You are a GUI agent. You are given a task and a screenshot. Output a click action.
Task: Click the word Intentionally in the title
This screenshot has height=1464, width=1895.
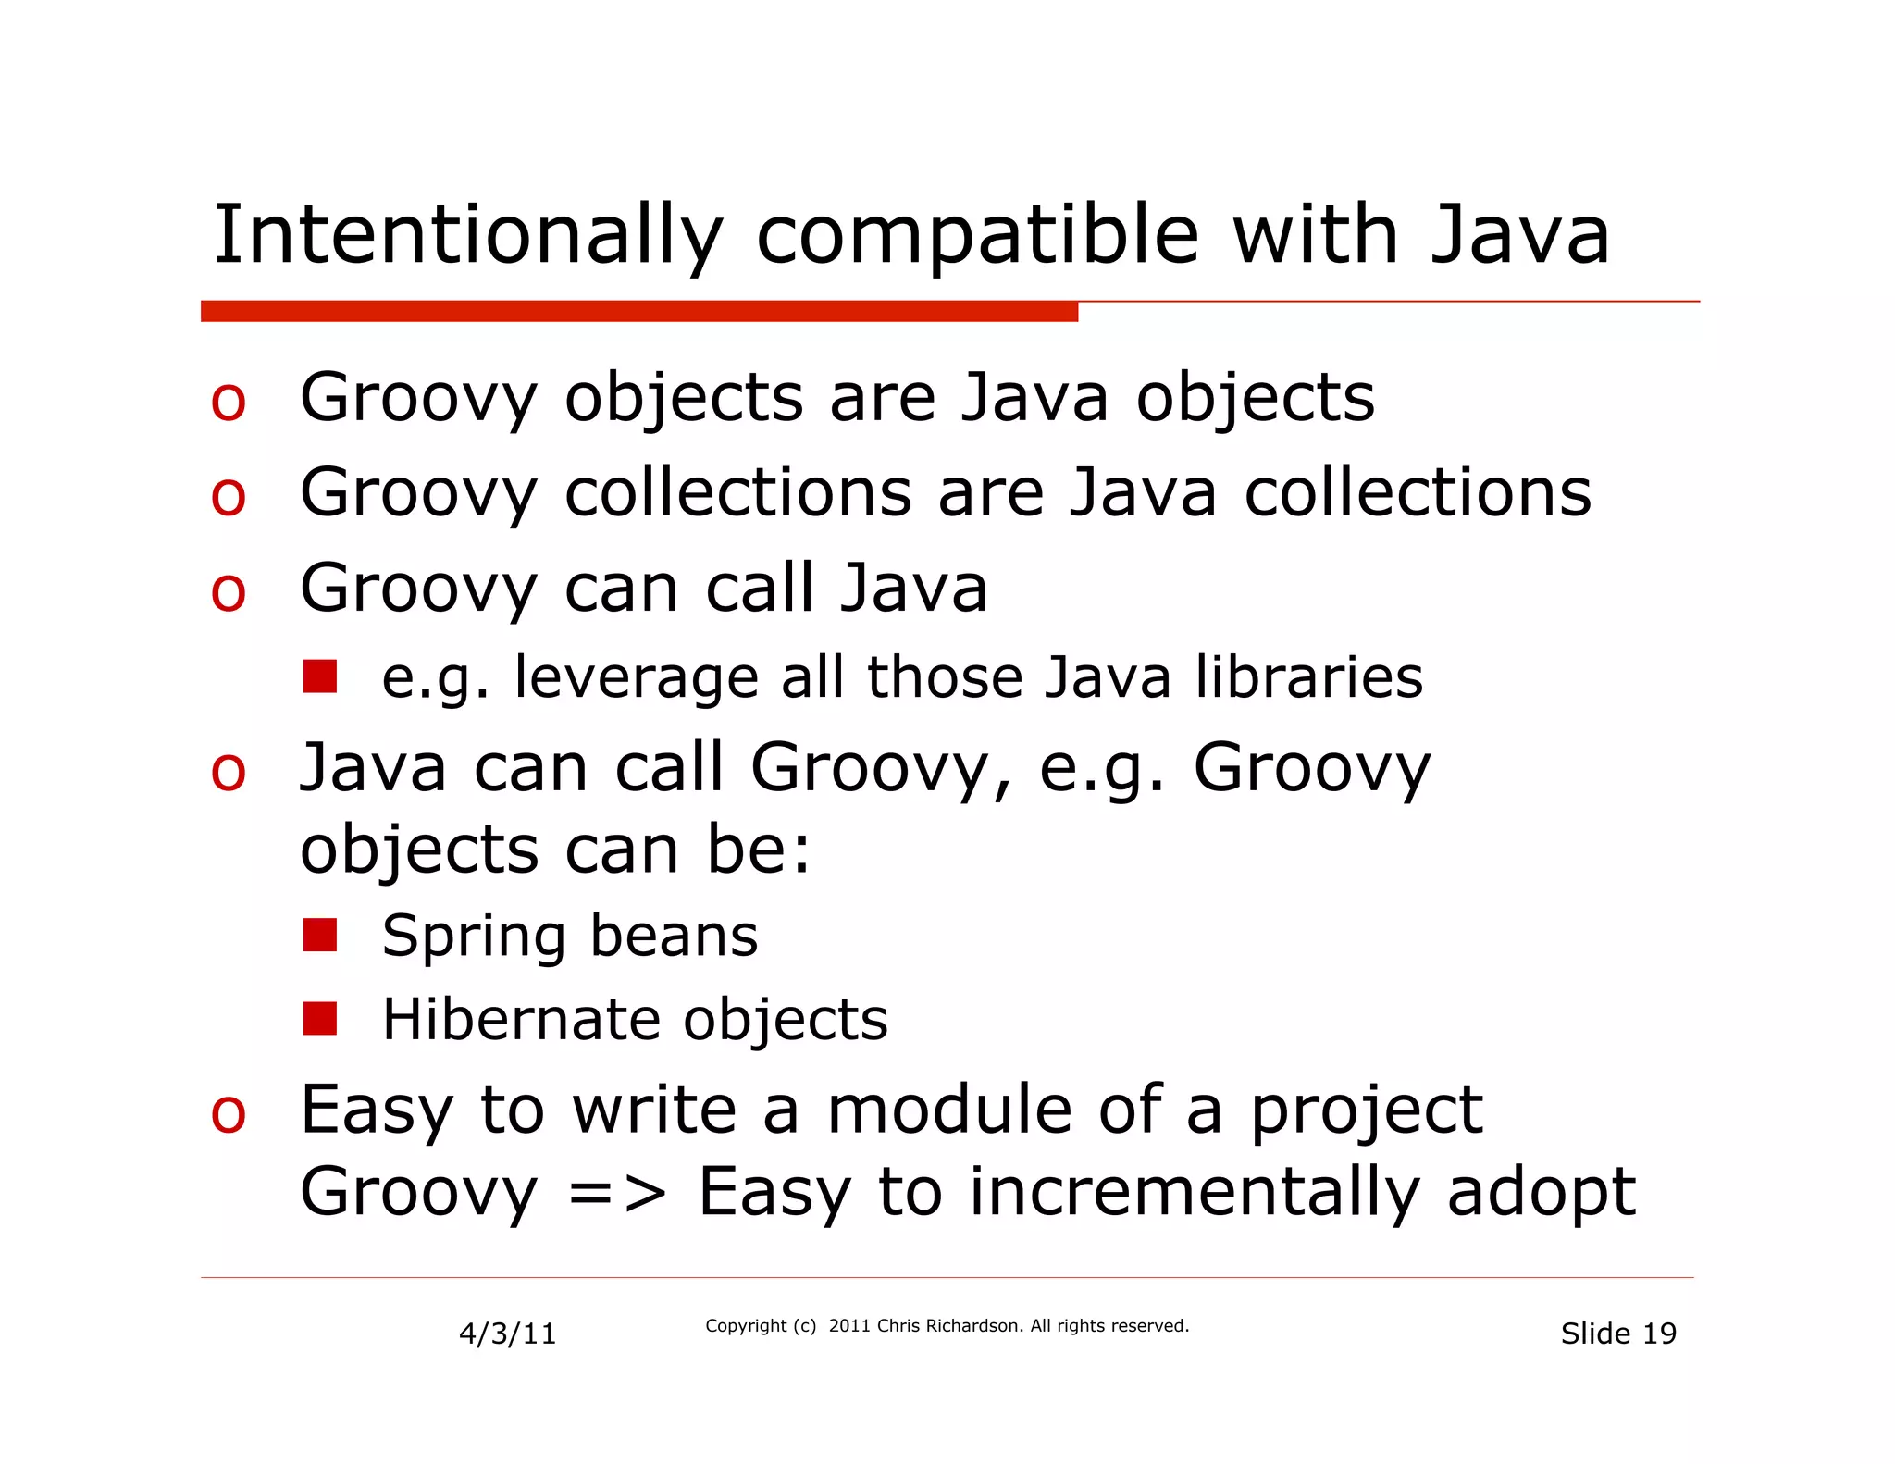pos(467,236)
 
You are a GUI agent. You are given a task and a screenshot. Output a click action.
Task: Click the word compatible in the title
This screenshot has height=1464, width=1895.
pos(977,236)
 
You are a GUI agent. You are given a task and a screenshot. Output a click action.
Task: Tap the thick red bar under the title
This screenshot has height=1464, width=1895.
pos(638,312)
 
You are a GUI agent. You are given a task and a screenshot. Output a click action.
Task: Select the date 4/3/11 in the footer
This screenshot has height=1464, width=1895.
pos(508,1334)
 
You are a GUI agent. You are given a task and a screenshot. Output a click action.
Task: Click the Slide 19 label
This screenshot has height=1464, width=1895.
pos(1618,1334)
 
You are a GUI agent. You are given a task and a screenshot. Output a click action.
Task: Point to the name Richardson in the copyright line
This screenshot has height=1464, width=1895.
pos(974,1325)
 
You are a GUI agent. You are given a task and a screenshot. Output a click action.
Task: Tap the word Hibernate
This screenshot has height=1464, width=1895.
pos(521,1020)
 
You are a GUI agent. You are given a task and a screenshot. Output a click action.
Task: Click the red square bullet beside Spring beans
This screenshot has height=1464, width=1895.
pos(320,935)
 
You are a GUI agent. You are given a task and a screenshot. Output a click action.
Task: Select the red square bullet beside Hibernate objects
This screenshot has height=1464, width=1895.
pos(320,1018)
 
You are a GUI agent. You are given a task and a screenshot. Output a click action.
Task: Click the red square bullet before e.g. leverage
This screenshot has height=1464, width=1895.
pos(320,676)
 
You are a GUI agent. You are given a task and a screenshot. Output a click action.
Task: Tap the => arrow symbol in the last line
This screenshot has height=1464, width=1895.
pos(616,1193)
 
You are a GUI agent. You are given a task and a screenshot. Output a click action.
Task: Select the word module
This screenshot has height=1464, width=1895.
pos(948,1110)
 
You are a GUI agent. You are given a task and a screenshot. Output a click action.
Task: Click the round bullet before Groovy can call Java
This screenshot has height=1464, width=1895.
pos(229,592)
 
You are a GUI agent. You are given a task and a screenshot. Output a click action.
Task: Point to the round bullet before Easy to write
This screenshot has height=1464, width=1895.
pos(229,1113)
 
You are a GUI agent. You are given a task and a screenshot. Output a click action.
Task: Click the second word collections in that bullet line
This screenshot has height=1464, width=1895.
pos(1418,492)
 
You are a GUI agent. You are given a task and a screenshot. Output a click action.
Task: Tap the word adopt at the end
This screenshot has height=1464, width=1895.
pos(1542,1193)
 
